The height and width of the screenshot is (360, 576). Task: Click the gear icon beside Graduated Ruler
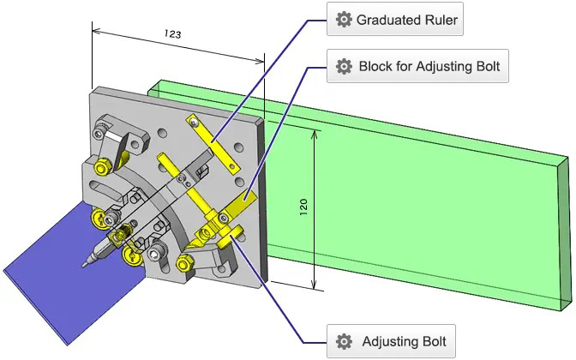(344, 20)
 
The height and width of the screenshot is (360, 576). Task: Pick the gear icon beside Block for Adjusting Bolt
(344, 66)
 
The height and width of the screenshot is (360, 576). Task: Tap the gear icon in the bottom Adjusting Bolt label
(344, 340)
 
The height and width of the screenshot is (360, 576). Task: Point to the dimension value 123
(171, 35)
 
